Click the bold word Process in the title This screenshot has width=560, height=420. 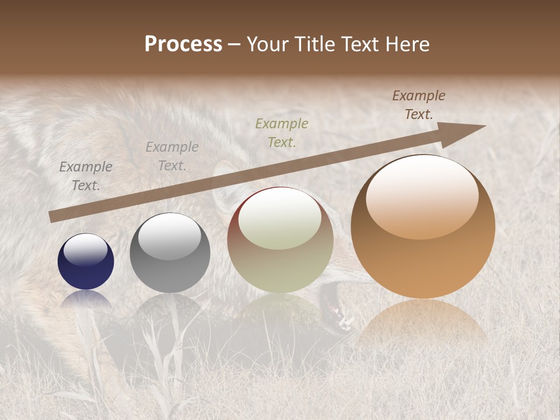click(183, 44)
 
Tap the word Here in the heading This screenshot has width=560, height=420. click(408, 44)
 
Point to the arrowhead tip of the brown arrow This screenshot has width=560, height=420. click(484, 126)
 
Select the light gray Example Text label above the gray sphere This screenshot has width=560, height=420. click(172, 156)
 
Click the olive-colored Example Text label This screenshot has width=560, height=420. click(282, 132)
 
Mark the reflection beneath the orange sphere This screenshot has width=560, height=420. click(422, 321)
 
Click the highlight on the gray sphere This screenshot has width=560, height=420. click(169, 236)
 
